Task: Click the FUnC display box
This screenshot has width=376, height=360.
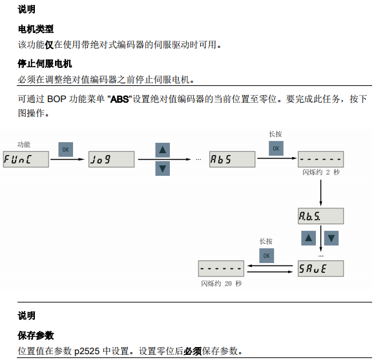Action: click(x=25, y=158)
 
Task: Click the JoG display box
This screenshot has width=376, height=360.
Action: click(x=111, y=158)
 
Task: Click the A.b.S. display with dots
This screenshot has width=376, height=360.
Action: click(x=320, y=215)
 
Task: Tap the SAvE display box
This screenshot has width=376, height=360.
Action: click(x=320, y=268)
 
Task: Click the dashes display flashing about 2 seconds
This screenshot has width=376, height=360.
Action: click(x=320, y=158)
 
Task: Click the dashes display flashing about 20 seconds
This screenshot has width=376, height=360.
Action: click(x=220, y=268)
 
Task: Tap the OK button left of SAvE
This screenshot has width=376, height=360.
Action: click(x=266, y=255)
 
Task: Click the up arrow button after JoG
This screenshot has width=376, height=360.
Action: click(x=163, y=149)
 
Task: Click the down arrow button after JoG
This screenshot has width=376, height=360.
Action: click(x=163, y=168)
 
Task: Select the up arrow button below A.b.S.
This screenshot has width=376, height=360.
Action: click(x=309, y=238)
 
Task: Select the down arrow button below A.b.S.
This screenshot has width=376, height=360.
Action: click(x=331, y=238)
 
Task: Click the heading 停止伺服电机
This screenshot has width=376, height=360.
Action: click(x=44, y=65)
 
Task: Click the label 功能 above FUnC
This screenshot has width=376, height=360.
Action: click(x=24, y=143)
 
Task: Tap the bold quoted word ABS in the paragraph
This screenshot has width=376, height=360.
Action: click(x=120, y=99)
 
